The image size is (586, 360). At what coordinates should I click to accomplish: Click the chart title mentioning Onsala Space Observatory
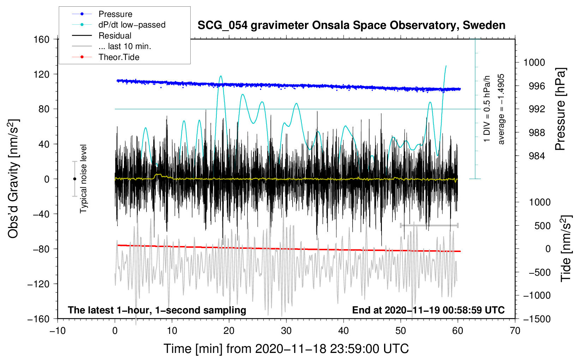351,25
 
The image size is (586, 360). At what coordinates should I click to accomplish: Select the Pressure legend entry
115,14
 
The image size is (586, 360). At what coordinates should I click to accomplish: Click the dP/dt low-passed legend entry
132,25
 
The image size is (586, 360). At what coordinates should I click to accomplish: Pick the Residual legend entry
115,36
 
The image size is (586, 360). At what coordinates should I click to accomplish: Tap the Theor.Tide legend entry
119,57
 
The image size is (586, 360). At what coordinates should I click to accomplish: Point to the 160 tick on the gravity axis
42,39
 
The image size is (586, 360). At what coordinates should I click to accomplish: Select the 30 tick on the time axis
286,331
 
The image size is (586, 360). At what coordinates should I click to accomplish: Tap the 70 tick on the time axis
515,331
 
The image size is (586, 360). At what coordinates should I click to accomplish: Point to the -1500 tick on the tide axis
537,319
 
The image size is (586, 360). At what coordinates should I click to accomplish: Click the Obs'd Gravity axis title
13,179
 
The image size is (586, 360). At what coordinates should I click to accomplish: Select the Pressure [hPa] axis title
560,109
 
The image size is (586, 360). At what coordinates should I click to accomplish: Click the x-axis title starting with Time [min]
286,349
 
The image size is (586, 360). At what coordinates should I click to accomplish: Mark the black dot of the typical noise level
74,179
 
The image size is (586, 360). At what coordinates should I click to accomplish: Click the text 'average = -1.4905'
501,109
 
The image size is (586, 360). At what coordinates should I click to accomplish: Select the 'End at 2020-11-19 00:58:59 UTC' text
428,310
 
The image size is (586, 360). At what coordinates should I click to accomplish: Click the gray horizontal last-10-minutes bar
429,225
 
